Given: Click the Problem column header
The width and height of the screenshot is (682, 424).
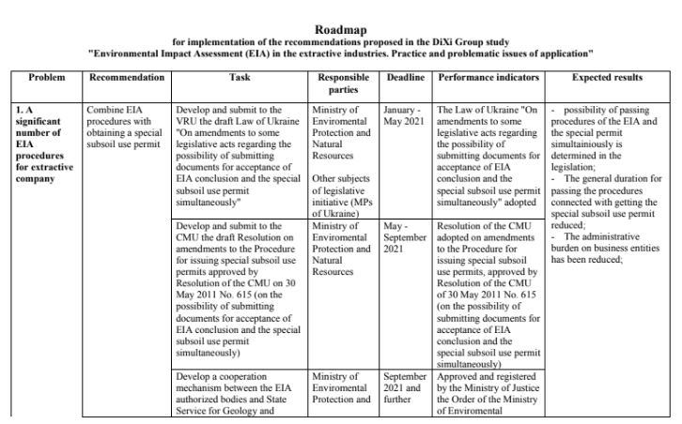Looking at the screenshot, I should (x=44, y=78).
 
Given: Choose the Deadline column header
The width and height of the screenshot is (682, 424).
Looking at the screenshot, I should (x=405, y=78).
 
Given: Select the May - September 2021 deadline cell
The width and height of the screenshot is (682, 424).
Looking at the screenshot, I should (x=405, y=238).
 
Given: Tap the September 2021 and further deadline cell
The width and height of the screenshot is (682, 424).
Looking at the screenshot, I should (x=405, y=390).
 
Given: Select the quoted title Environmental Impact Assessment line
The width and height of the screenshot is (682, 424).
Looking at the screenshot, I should (x=341, y=53).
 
